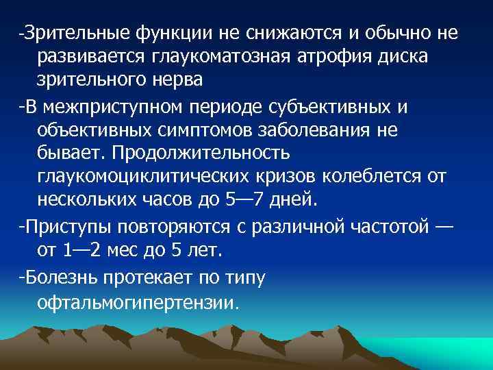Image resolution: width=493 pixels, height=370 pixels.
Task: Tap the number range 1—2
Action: coord(88,251)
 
